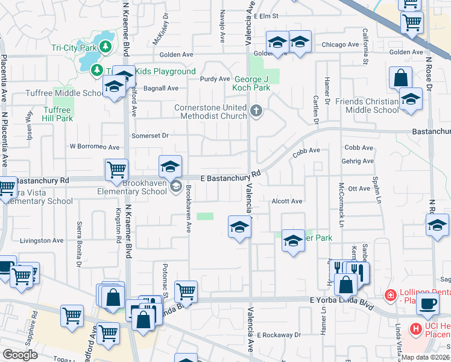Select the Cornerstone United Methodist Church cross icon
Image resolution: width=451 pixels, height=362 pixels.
[257, 110]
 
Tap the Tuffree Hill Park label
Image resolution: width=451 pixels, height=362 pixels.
[58, 114]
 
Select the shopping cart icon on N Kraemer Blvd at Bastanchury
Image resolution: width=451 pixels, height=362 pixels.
[116, 170]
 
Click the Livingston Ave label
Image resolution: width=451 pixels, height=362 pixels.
[42, 241]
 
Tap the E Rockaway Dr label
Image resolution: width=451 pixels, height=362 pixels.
[279, 335]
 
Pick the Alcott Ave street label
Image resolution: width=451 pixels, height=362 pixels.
[286, 201]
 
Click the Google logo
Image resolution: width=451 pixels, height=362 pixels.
[20, 355]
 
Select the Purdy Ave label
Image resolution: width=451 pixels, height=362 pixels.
[215, 79]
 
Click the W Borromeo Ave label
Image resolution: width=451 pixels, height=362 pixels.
[95, 147]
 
